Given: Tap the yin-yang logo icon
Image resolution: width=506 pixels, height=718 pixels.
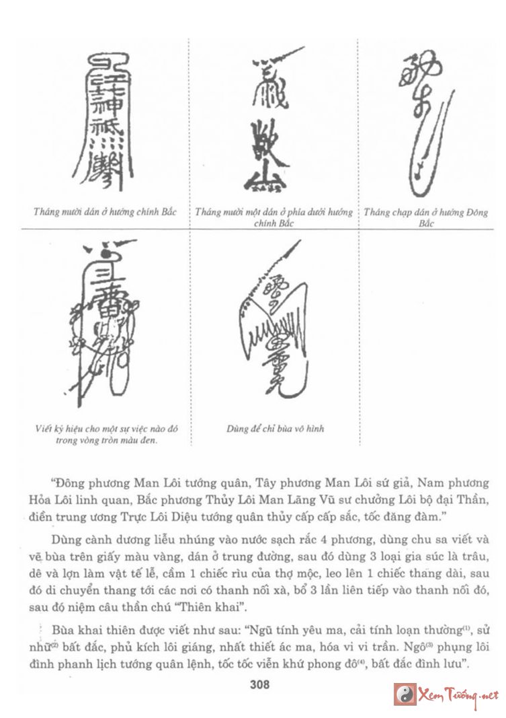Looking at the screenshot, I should tap(405, 694).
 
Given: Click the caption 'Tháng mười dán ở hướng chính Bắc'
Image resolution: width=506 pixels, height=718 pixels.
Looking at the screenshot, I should tap(105, 212).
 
